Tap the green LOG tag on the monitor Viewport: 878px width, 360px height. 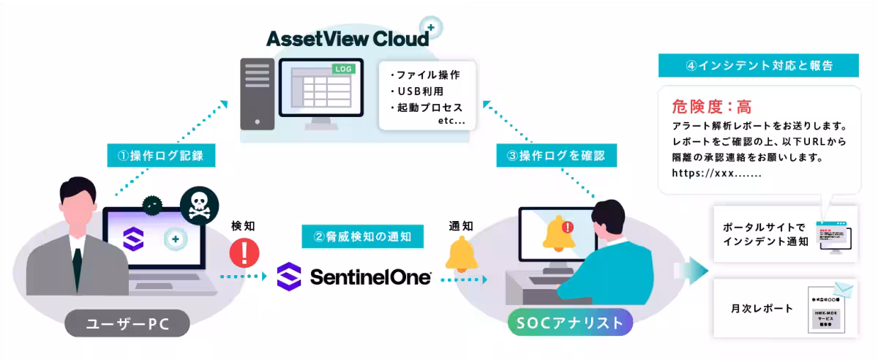(343, 69)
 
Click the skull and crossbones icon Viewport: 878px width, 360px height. (198, 206)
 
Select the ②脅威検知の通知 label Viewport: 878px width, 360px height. (357, 236)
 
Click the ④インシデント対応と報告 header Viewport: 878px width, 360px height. (759, 65)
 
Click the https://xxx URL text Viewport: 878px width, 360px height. (716, 174)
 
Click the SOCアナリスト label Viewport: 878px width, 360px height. (567, 323)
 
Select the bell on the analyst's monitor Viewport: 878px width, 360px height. (558, 234)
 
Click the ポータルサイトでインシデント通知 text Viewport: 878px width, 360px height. (765, 234)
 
